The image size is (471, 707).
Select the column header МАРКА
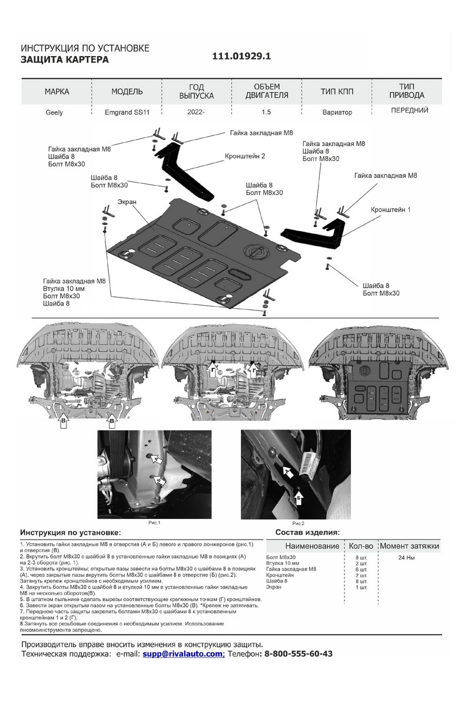pos(57,92)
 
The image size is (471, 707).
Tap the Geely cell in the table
pos(54,112)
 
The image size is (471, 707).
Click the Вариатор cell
pos(337,112)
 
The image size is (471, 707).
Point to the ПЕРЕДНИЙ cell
pos(409,110)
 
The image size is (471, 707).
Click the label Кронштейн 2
pos(245,157)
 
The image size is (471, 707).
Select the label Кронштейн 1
pos(390,209)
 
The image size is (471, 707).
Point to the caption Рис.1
pos(154,523)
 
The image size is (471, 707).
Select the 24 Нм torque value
pos(406,557)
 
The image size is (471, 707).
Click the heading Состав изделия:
pos(307,533)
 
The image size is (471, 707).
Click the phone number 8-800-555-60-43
pos(298,654)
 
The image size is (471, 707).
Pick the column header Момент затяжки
pos(409,546)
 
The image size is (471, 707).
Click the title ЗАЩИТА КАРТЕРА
pos(65,60)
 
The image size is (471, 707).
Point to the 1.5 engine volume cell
pos(267,112)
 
